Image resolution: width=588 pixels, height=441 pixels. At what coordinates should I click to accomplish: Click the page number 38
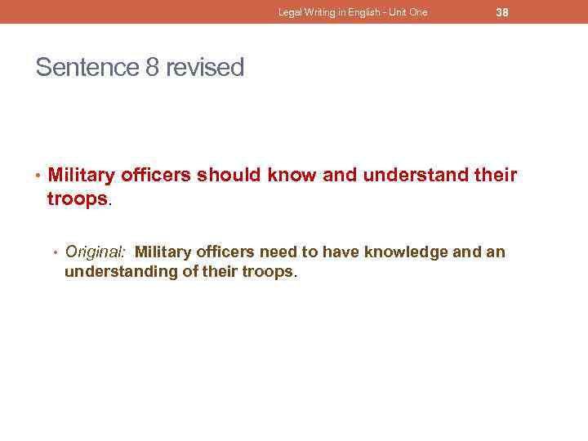coord(502,12)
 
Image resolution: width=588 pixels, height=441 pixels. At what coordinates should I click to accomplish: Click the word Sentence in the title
coord(87,67)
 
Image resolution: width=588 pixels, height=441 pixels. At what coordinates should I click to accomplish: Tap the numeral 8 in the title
coord(153,67)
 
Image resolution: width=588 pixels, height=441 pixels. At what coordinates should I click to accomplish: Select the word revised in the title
coord(205,67)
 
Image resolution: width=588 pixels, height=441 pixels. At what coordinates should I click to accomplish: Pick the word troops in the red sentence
coord(78,199)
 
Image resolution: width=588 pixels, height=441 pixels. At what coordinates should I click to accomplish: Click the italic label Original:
coord(95,252)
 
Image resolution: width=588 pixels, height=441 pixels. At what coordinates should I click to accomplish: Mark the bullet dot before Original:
coord(56,252)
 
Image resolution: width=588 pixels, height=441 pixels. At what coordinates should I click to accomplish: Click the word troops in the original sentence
coord(267,272)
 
